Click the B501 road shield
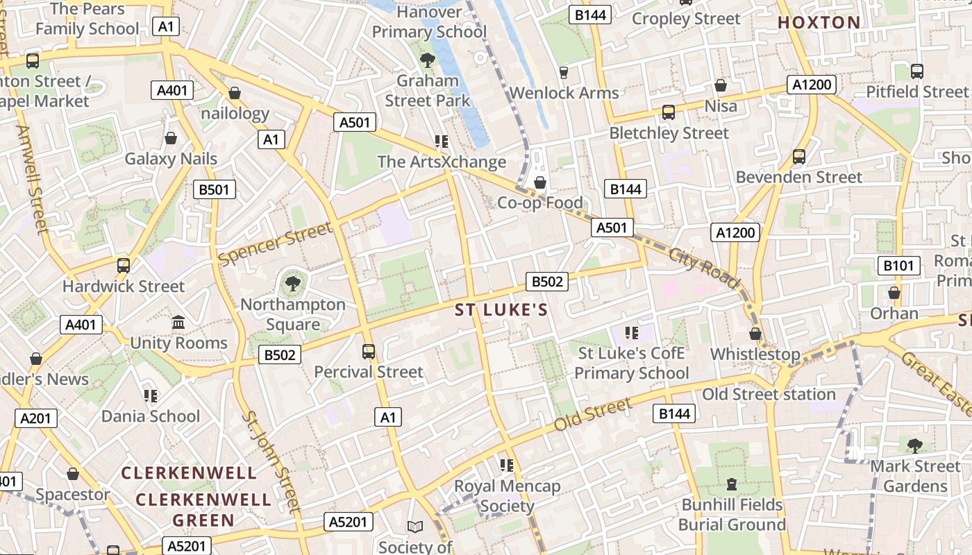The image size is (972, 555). click(x=215, y=189)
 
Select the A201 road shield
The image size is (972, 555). click(x=36, y=418)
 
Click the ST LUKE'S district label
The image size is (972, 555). click(x=501, y=310)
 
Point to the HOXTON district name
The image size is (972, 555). click(x=819, y=22)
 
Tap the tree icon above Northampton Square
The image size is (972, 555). click(x=293, y=282)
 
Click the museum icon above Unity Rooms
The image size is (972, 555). click(x=178, y=323)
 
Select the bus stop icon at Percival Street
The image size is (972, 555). click(x=369, y=352)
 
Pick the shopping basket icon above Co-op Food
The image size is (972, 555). click(x=539, y=182)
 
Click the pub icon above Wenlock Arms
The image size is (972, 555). click(x=564, y=72)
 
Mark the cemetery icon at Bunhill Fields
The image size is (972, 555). click(x=731, y=484)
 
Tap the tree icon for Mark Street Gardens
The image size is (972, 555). click(x=914, y=445)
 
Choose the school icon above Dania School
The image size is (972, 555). click(x=150, y=395)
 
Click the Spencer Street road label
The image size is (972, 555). click(x=276, y=244)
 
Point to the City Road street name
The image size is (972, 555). click(x=704, y=266)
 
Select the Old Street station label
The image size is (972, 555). click(x=769, y=394)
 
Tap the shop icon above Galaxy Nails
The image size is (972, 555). click(x=170, y=139)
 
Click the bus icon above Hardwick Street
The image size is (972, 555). click(x=124, y=265)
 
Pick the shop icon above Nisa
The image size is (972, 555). click(x=721, y=85)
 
